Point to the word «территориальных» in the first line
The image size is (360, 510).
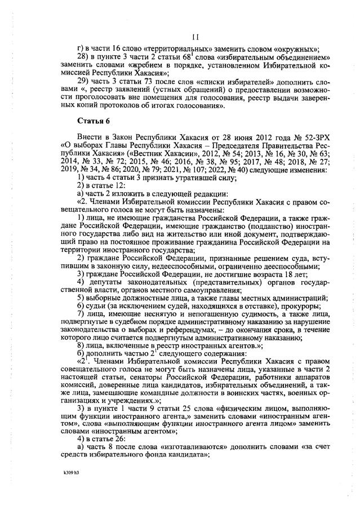click(x=159, y=50)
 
